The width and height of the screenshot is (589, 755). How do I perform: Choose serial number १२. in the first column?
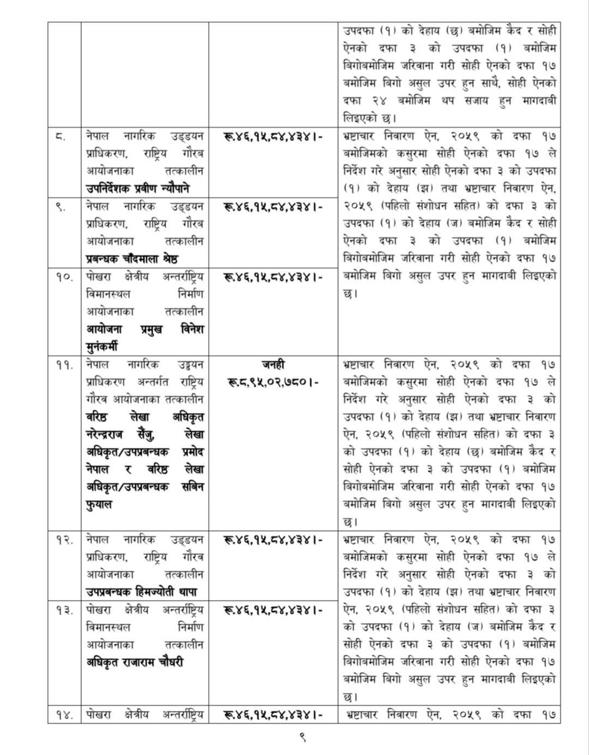(64, 540)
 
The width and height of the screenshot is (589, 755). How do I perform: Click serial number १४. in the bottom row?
(64, 715)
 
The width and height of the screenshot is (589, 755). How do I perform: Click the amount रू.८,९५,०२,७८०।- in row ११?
(273, 382)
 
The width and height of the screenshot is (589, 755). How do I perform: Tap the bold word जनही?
(273, 364)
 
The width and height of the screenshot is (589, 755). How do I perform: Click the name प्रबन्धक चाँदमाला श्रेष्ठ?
(133, 259)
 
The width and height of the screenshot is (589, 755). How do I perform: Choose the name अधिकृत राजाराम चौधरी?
(135, 662)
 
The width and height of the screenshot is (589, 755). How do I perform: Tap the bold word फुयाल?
(99, 505)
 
